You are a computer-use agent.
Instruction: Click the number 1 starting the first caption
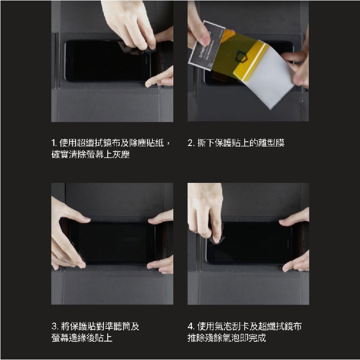[54, 143]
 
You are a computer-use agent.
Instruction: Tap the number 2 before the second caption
[191, 143]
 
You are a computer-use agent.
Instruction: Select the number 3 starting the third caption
[54, 326]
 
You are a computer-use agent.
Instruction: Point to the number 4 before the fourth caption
[191, 326]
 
